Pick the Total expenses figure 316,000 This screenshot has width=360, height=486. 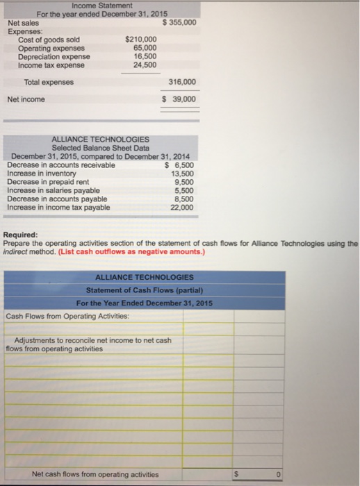[x=182, y=82]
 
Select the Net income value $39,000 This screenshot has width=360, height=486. [x=179, y=99]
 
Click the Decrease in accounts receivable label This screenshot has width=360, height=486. [x=61, y=165]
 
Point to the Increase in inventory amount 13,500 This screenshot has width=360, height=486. [x=183, y=173]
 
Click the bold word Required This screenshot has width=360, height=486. [x=21, y=235]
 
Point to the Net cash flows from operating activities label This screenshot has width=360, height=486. [x=95, y=474]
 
